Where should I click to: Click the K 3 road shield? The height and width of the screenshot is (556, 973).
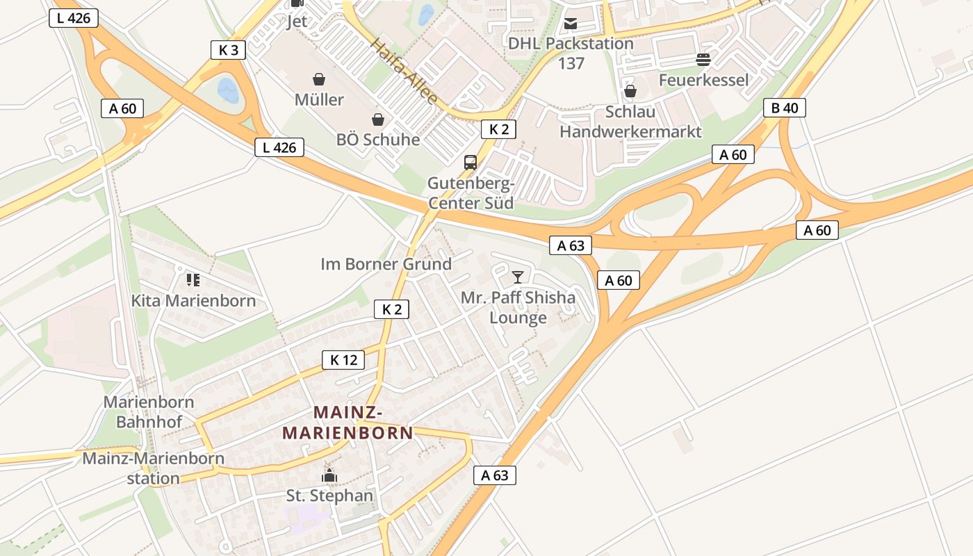(228, 50)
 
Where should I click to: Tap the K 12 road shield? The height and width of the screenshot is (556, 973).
(343, 360)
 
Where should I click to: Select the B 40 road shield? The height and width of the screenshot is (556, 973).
(785, 108)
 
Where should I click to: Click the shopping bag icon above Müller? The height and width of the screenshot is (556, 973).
(319, 79)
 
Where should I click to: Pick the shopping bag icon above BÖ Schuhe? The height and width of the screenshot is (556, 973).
(378, 120)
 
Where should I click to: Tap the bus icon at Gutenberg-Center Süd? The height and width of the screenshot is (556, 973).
(471, 163)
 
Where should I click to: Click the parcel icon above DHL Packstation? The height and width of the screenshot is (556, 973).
(571, 24)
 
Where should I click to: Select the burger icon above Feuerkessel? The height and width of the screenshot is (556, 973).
(703, 60)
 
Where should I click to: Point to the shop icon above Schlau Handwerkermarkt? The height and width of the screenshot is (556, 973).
(630, 91)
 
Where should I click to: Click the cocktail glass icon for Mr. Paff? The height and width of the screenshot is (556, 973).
(518, 277)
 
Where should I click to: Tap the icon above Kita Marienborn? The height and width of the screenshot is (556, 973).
(193, 280)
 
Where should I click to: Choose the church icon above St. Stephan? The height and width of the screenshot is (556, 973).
(329, 476)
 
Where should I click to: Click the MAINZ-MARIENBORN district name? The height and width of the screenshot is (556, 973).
(347, 423)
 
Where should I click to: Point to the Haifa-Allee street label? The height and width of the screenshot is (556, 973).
(404, 72)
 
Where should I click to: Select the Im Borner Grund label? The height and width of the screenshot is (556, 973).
(386, 264)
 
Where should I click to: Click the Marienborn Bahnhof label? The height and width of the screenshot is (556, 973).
(149, 411)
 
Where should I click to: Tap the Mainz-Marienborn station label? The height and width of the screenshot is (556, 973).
(154, 468)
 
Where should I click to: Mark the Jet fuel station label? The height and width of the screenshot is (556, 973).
(297, 21)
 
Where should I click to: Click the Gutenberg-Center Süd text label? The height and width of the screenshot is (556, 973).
(471, 193)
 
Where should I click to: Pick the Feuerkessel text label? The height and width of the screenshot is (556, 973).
(704, 80)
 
